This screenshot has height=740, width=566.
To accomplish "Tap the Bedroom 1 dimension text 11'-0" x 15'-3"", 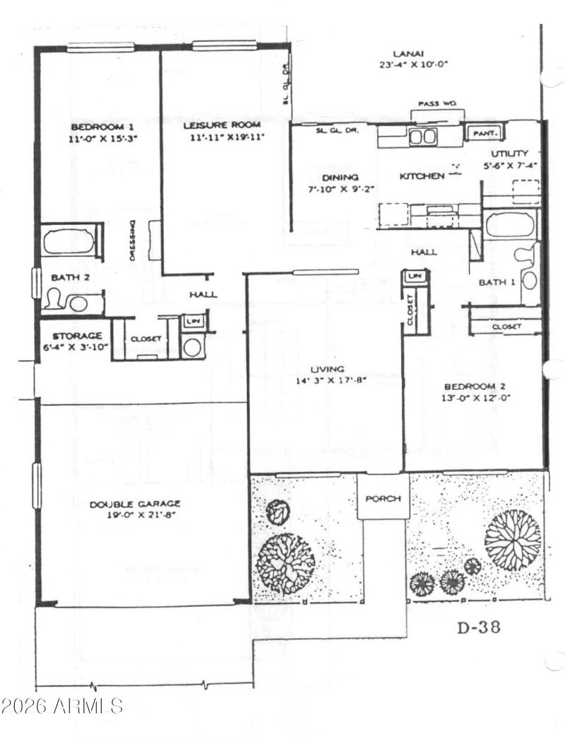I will (103, 139).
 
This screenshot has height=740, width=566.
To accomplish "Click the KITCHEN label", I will (422, 176).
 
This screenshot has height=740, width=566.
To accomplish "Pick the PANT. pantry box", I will (484, 133).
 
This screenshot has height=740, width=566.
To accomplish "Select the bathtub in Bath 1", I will (512, 226).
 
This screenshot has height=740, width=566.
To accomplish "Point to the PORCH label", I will (383, 499).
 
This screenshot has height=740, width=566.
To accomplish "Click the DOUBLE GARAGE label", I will (134, 504).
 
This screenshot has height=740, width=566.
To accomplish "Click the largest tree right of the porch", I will (512, 540).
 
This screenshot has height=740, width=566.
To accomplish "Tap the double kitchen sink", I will (422, 137).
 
